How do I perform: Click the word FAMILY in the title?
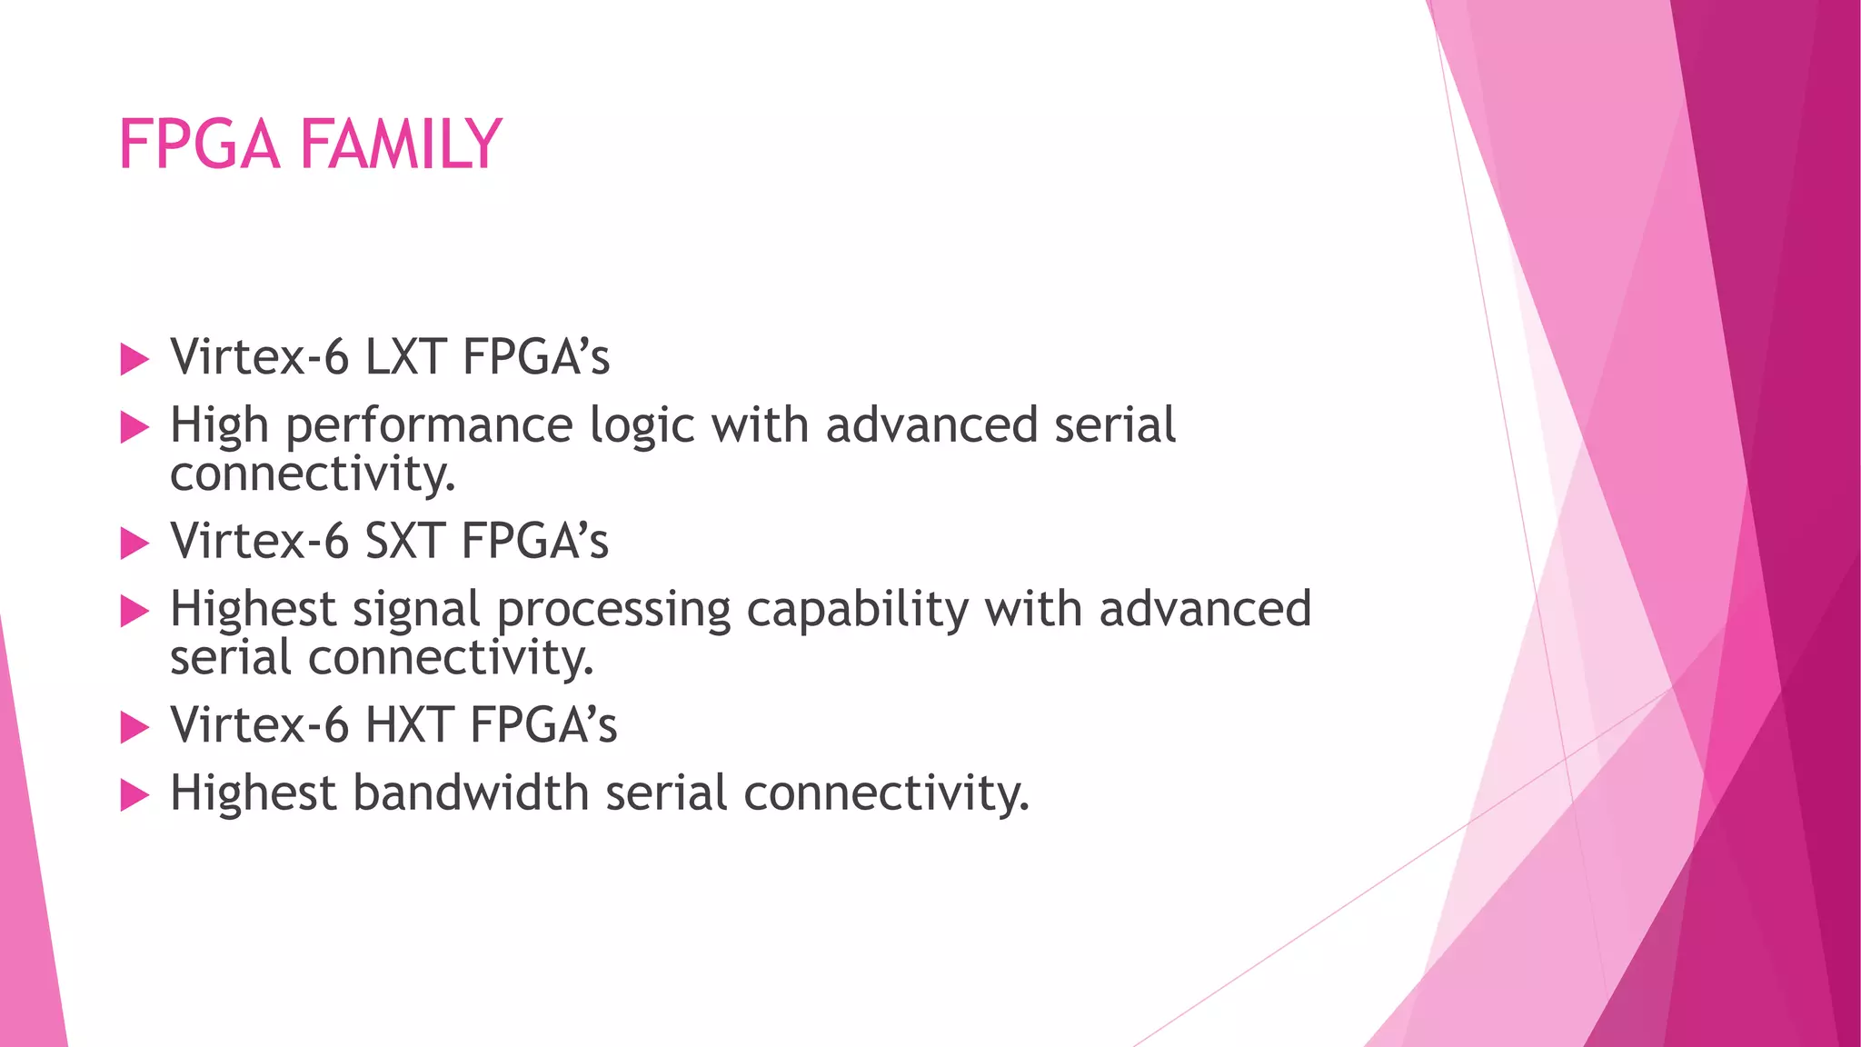pyautogui.click(x=400, y=145)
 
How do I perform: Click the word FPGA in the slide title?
pyautogui.click(x=198, y=145)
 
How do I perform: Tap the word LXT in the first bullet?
pyautogui.click(x=405, y=356)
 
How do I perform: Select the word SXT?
pyautogui.click(x=404, y=541)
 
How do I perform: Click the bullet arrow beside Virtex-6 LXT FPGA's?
pyautogui.click(x=134, y=359)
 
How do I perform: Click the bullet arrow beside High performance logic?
pyautogui.click(x=134, y=427)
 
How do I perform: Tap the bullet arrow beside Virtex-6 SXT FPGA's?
pyautogui.click(x=134, y=543)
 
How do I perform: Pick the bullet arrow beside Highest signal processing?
pyautogui.click(x=134, y=612)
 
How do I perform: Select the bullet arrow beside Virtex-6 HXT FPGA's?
pyautogui.click(x=134, y=727)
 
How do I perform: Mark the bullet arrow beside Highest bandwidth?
pyautogui.click(x=134, y=796)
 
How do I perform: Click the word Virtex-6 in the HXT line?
pyautogui.click(x=260, y=725)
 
